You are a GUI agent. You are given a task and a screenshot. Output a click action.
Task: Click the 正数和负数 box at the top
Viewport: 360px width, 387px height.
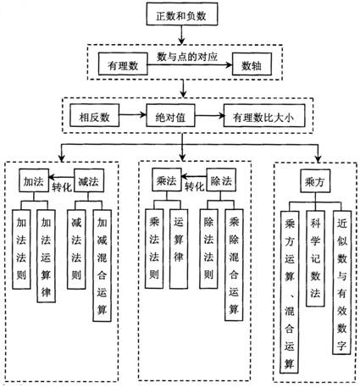pyautogui.click(x=182, y=14)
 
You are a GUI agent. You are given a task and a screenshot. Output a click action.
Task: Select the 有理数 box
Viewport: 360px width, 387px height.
pyautogui.click(x=123, y=64)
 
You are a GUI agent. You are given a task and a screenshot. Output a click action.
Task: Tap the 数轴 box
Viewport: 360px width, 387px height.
pyautogui.click(x=252, y=64)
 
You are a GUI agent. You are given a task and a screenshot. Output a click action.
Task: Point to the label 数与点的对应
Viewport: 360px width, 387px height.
pyautogui.click(x=187, y=57)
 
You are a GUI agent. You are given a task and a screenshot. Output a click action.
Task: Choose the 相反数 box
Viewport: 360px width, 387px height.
pyautogui.click(x=94, y=115)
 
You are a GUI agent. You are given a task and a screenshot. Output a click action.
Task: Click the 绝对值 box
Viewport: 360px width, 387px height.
pyautogui.click(x=170, y=115)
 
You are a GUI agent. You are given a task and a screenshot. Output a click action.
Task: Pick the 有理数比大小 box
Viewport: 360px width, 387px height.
pyautogui.click(x=264, y=115)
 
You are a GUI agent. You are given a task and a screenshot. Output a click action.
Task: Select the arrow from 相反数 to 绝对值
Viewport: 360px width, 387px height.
pyautogui.click(x=132, y=115)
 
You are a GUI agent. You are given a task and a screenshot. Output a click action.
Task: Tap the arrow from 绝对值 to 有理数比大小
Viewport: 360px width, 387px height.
pyautogui.click(x=209, y=115)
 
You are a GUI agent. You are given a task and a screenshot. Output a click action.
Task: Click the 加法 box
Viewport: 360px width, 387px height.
pyautogui.click(x=34, y=180)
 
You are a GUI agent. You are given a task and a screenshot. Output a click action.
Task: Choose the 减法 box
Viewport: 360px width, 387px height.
pyautogui.click(x=89, y=180)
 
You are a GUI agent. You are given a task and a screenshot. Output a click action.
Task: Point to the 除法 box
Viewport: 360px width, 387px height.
pyautogui.click(x=221, y=180)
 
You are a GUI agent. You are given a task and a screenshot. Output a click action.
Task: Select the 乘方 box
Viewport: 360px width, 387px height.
pyautogui.click(x=315, y=181)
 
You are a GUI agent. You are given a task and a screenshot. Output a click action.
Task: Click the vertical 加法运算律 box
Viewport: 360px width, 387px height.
pyautogui.click(x=46, y=256)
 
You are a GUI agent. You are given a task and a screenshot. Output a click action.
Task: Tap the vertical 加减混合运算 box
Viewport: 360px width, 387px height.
pyautogui.click(x=102, y=265)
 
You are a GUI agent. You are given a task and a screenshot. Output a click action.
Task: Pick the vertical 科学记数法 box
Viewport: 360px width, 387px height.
pyautogui.click(x=315, y=258)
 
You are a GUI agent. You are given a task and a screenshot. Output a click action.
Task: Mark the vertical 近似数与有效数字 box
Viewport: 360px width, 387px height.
pyautogui.click(x=341, y=283)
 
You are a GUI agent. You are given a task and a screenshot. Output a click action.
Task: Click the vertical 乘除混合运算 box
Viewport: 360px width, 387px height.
pyautogui.click(x=234, y=265)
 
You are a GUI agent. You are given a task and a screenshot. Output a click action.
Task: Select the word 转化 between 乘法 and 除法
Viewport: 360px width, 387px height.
pyautogui.click(x=194, y=186)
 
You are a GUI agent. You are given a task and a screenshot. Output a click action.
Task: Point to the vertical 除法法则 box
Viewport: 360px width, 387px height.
pyautogui.click(x=208, y=249)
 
